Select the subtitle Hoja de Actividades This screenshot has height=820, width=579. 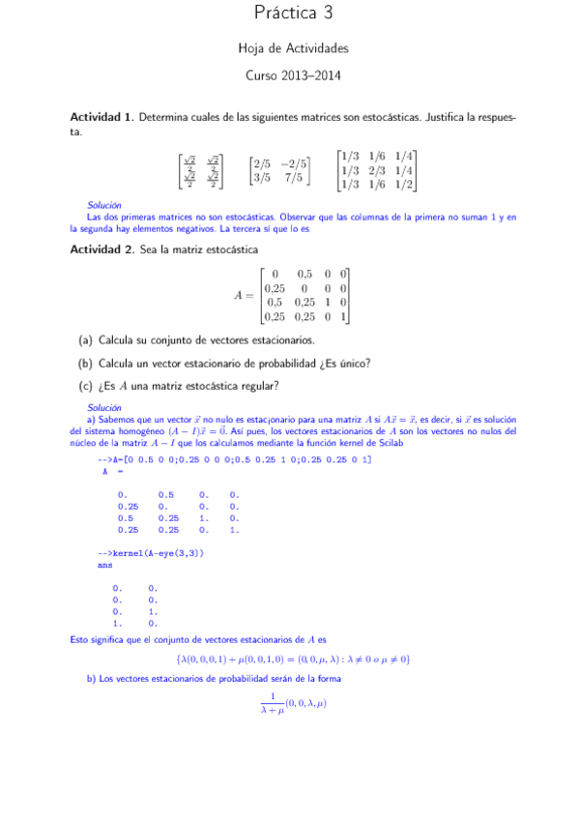pos(293,47)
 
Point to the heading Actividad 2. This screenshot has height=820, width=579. pos(101,249)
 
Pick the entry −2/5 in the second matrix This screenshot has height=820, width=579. pos(295,164)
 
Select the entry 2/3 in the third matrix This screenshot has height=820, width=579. pos(378,170)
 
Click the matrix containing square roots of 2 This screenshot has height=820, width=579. pos(200,171)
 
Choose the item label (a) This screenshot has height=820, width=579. pos(86,340)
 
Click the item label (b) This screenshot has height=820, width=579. pos(86,364)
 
